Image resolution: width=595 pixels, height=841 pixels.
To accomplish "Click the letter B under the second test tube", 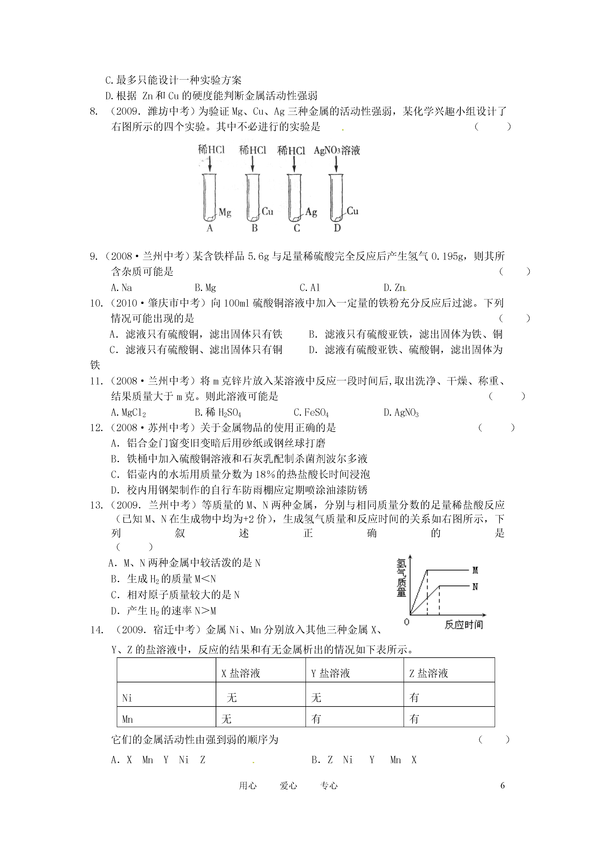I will tap(254, 228).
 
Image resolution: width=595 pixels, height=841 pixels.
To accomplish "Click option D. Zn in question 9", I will tap(395, 287).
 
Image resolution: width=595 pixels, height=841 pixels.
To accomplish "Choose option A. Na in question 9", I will tap(121, 287).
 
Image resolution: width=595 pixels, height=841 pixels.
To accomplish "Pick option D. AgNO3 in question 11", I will tap(401, 413).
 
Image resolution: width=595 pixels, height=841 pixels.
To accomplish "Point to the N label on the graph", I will tap(475, 587).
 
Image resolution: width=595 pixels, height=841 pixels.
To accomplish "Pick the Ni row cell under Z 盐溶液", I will tap(414, 697).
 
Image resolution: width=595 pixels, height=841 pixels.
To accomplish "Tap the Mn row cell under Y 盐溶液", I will tap(316, 719).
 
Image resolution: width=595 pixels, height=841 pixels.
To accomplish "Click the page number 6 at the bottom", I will tap(502, 785).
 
